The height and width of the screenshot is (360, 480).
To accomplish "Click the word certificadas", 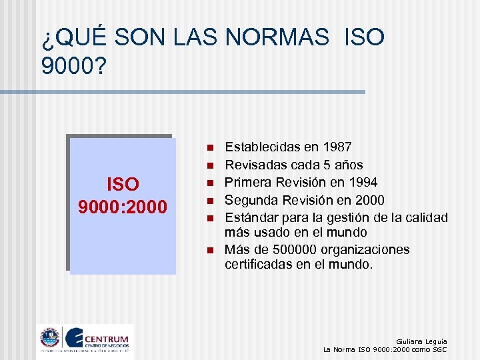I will (x=258, y=264).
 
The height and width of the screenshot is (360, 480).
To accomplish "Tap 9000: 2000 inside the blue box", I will (x=122, y=207).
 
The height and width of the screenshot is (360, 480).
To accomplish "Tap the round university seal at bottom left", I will (x=50, y=338).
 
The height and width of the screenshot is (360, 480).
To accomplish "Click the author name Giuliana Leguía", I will (x=421, y=341).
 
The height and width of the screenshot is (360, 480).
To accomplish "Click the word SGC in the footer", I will (x=438, y=349).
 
